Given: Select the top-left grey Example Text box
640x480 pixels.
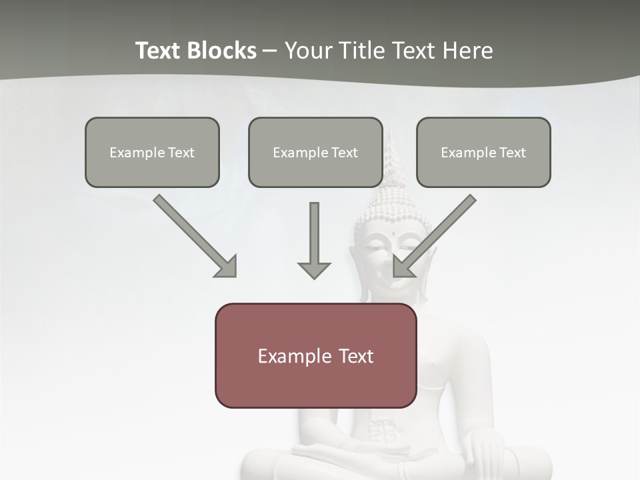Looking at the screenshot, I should point(152,153).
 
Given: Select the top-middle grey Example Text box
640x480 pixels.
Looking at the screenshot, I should point(315,153).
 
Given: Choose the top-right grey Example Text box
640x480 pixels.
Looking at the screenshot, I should point(483,153).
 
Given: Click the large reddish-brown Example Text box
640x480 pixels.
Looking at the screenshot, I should point(315,356).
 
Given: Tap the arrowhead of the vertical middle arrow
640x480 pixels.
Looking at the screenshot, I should point(314,270).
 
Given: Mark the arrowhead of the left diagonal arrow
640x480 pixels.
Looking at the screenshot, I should point(227,267).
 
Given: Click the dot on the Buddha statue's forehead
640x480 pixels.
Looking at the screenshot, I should point(394,233).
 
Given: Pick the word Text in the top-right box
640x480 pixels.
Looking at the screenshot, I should point(512,153).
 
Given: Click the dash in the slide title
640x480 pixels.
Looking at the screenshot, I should point(270,51).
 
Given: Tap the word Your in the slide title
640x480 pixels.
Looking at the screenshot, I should point(307,51).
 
